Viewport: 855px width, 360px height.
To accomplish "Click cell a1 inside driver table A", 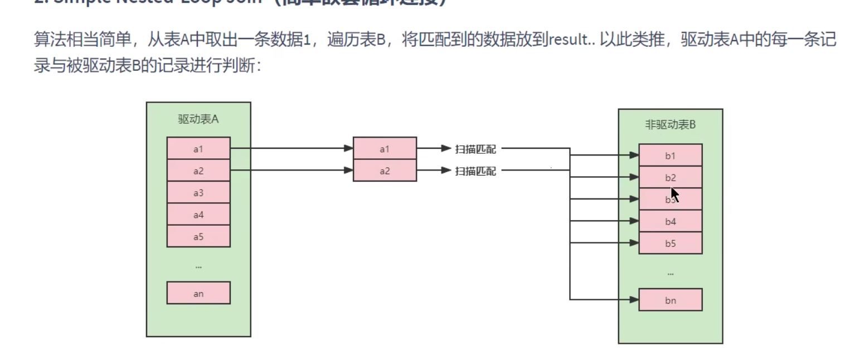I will (x=198, y=149).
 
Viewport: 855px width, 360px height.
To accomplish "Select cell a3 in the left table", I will (x=198, y=193).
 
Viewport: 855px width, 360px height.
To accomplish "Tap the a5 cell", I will (x=198, y=237).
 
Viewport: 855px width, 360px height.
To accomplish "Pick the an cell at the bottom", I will (x=198, y=293).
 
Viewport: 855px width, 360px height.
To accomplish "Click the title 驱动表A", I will (x=198, y=119).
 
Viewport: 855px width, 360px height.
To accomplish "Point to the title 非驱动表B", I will (x=670, y=125).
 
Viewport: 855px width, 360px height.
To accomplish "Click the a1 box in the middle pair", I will (x=385, y=149).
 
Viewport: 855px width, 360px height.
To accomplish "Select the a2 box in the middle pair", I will (x=385, y=171).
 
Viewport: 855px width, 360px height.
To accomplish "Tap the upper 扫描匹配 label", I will (x=475, y=149).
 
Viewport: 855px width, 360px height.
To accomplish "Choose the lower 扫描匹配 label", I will (x=475, y=171).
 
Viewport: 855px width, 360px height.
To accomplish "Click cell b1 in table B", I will (x=670, y=155).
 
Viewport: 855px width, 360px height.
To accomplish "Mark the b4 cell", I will (x=670, y=221).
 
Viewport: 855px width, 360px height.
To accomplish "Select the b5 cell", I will (x=670, y=244).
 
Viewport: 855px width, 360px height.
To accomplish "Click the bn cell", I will (x=670, y=300).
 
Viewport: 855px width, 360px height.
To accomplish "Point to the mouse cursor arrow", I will (x=674, y=194).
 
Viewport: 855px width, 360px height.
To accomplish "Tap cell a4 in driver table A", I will (x=198, y=215).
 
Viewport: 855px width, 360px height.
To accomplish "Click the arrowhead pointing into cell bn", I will (x=634, y=300).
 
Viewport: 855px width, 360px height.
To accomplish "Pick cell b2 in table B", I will (x=670, y=178).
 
